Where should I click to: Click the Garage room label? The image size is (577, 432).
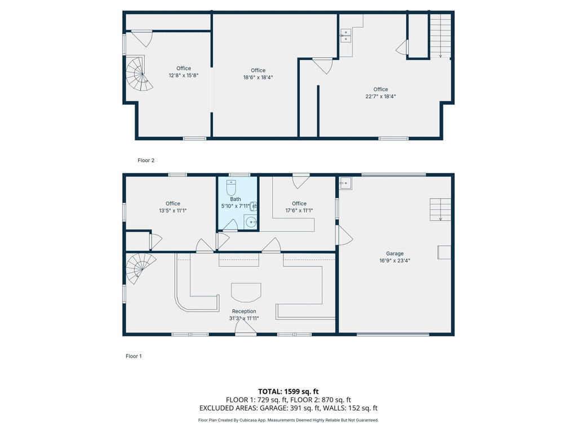(x=395, y=254)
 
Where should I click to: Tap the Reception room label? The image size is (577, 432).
(x=244, y=311)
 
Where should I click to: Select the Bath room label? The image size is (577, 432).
(x=236, y=199)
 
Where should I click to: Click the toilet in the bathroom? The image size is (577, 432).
(x=231, y=188)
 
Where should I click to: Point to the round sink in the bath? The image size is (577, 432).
(x=251, y=222)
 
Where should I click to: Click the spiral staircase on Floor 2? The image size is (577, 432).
(x=140, y=74)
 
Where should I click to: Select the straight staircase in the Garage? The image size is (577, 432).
(x=440, y=209)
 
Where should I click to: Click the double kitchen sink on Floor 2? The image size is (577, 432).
(x=345, y=35)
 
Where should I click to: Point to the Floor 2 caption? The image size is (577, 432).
(x=146, y=160)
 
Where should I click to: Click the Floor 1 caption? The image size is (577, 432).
(x=134, y=356)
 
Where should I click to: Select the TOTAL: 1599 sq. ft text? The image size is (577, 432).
(x=288, y=391)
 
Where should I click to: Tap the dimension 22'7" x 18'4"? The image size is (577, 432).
(x=380, y=96)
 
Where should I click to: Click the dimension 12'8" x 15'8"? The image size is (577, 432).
(x=184, y=75)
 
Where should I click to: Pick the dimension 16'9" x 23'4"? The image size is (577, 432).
(x=395, y=260)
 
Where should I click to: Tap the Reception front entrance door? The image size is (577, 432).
(x=246, y=327)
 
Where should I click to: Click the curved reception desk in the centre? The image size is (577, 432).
(x=246, y=292)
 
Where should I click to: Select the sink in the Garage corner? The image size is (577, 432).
(x=345, y=183)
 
